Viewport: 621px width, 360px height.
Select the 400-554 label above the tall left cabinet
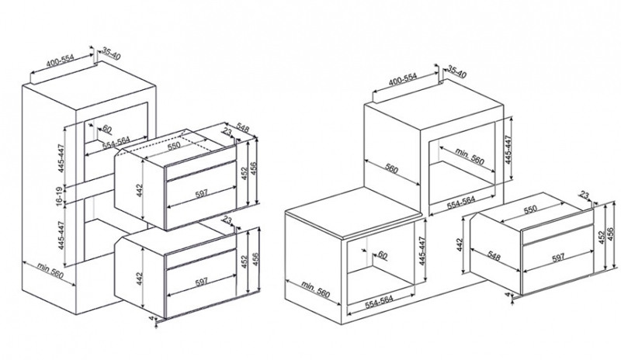tap(61, 61)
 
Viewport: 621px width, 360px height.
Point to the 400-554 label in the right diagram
tap(403, 79)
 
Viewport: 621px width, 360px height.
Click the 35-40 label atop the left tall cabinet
tap(111, 53)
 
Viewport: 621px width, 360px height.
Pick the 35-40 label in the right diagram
tap(457, 71)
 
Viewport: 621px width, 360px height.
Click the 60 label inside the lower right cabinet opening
tap(382, 255)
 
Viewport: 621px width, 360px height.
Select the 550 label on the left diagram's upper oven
tap(173, 145)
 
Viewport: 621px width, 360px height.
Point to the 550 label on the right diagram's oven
tap(530, 209)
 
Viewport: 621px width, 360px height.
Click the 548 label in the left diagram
tap(243, 128)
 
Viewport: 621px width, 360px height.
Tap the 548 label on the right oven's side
tap(494, 257)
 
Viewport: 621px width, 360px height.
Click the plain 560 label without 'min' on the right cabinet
tap(391, 169)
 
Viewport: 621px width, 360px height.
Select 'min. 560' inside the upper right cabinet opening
tap(470, 156)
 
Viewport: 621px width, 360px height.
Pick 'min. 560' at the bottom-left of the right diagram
tap(316, 290)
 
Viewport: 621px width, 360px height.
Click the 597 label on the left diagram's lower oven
tap(202, 282)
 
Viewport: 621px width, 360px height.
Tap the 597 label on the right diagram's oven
tap(558, 258)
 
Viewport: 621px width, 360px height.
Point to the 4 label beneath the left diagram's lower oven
tap(151, 317)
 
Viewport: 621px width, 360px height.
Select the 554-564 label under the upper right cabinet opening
tap(461, 202)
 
